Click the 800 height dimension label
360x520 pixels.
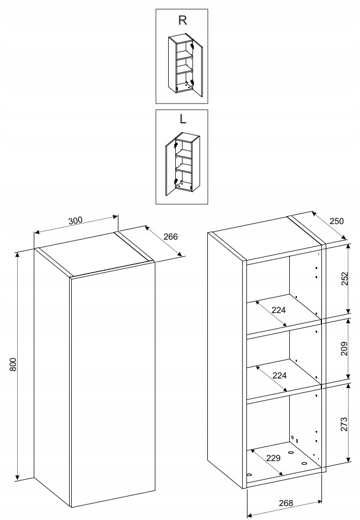[x=13, y=365]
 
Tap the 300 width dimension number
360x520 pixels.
[x=75, y=220]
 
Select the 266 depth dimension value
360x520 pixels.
[x=171, y=237]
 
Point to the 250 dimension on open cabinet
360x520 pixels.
[x=337, y=221]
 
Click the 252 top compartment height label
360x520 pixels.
[x=344, y=279]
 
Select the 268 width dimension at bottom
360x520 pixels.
[x=286, y=503]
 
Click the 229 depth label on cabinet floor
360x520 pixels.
[x=273, y=458]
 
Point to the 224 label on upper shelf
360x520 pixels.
[x=279, y=310]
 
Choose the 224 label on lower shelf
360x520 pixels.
[x=280, y=375]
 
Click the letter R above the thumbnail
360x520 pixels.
[x=182, y=20]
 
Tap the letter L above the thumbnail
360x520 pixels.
[x=183, y=118]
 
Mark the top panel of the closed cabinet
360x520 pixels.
[x=94, y=254]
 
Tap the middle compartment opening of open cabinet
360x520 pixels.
[x=284, y=361]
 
